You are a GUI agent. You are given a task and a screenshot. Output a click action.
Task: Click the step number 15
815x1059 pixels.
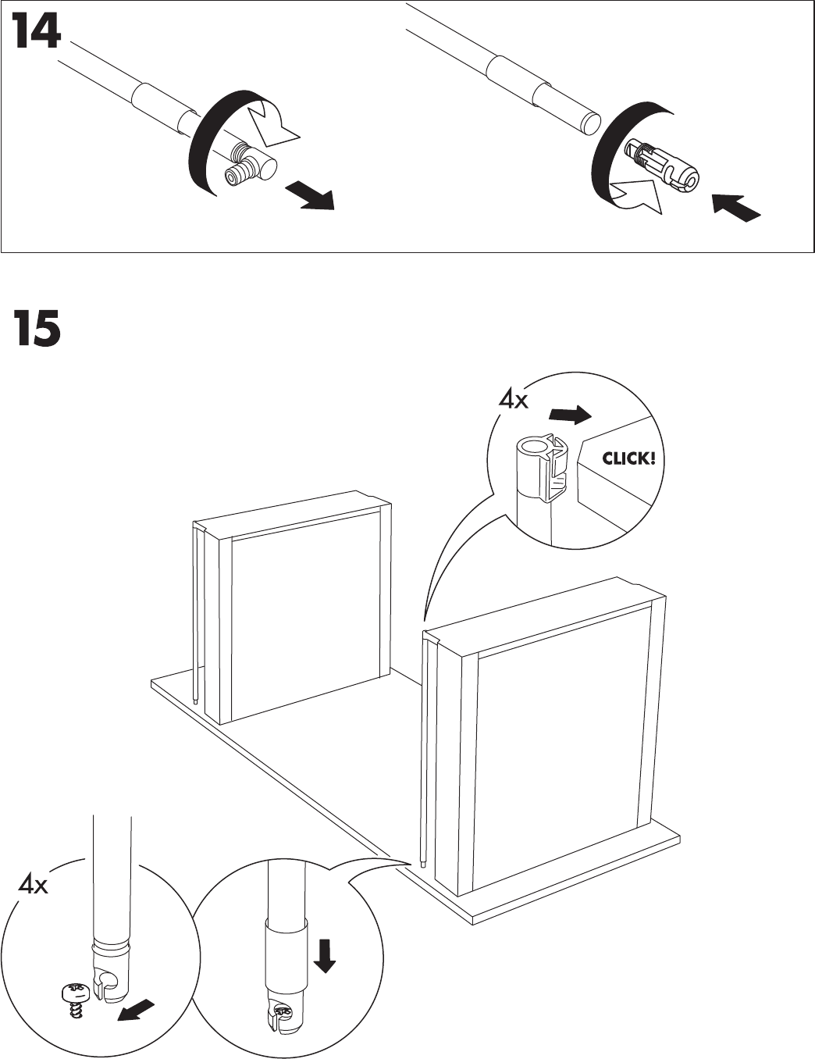[37, 329]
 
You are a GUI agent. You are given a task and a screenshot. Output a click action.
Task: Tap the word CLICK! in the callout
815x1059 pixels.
[628, 458]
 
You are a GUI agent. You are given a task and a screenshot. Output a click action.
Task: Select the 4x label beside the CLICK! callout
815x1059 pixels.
[514, 400]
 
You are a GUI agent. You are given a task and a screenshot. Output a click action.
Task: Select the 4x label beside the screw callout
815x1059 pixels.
[34, 886]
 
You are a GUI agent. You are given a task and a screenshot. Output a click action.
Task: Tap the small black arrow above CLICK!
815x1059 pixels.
[568, 414]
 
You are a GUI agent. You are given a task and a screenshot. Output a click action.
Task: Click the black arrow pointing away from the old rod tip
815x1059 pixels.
[310, 194]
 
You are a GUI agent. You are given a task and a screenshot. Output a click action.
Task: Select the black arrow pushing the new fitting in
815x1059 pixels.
[736, 206]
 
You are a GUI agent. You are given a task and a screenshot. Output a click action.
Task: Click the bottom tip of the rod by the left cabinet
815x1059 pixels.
[194, 701]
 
